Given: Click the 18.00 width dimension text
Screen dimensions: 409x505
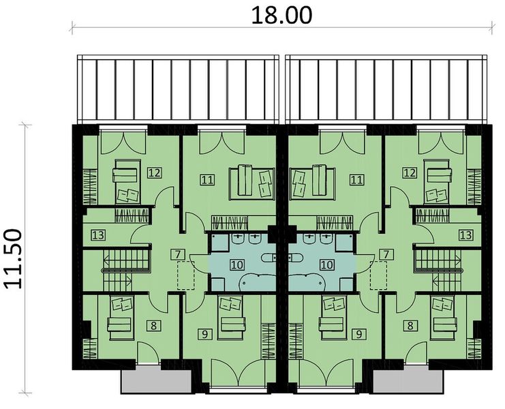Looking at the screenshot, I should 281,15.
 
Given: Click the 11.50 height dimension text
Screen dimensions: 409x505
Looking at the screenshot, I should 15,259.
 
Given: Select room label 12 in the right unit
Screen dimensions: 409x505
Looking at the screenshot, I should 410,173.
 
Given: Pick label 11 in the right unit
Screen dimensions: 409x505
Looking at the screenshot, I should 355,180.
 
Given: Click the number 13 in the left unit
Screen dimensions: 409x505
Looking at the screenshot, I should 98,235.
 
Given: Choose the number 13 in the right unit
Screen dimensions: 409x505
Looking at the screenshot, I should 465,235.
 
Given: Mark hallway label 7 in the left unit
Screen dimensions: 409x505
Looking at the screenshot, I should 178,255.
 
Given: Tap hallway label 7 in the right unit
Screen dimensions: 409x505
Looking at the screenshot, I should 386,255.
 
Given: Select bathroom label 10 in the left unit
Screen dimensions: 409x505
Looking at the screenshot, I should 235,264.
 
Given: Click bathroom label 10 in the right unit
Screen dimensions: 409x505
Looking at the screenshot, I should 327,264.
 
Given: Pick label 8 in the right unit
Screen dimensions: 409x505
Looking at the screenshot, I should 410,326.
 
